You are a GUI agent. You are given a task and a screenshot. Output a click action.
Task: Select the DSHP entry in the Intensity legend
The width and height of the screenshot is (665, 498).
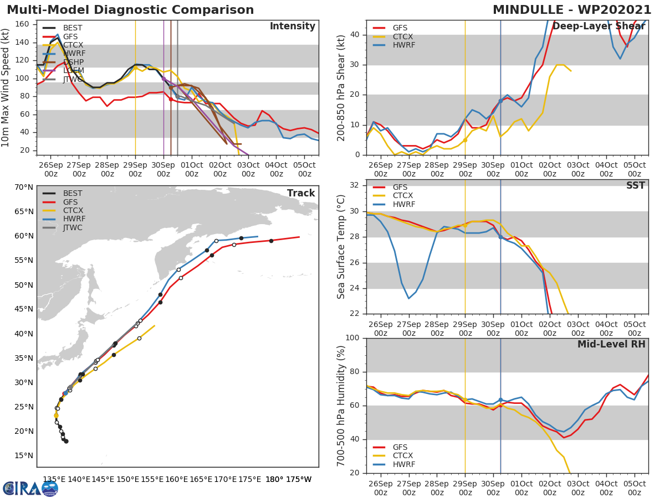tap(73, 62)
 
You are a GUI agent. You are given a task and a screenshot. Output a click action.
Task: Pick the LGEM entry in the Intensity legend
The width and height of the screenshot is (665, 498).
tap(73, 71)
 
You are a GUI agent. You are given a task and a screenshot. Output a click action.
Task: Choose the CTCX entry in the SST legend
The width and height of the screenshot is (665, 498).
tap(403, 196)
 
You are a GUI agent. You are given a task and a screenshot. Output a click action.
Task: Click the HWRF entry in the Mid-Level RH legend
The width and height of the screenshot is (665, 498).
tap(403, 464)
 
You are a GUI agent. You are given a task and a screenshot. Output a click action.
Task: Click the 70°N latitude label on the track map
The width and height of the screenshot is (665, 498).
tap(24, 187)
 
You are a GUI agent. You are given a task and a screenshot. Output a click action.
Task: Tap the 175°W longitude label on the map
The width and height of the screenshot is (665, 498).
tap(299, 479)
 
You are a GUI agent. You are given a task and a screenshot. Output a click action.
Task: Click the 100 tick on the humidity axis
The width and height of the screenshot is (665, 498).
tap(353, 338)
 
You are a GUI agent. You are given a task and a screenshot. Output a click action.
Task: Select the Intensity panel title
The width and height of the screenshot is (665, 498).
tap(292, 27)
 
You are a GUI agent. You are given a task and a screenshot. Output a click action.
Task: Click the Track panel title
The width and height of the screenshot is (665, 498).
tap(301, 193)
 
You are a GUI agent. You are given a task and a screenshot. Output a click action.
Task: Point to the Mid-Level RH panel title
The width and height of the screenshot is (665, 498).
tap(611, 344)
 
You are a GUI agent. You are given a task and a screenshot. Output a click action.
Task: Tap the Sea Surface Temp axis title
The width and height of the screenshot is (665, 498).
tap(342, 247)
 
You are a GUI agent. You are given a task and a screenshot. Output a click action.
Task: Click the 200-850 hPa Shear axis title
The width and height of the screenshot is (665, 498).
tap(342, 87)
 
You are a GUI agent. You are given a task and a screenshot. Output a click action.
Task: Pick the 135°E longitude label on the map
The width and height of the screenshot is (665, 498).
tap(54, 479)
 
